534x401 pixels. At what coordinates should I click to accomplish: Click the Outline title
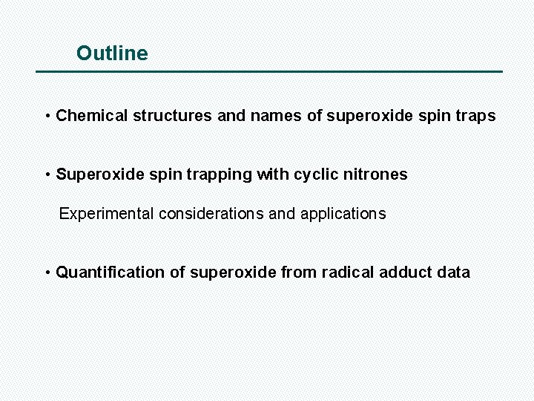[112, 53]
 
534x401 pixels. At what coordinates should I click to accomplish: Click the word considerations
[211, 214]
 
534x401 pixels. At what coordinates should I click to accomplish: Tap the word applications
[343, 214]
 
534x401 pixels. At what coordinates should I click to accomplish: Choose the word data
[453, 273]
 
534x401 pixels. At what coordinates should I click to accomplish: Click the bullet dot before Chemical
[47, 117]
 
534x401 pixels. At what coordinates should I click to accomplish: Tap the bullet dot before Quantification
[47, 273]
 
